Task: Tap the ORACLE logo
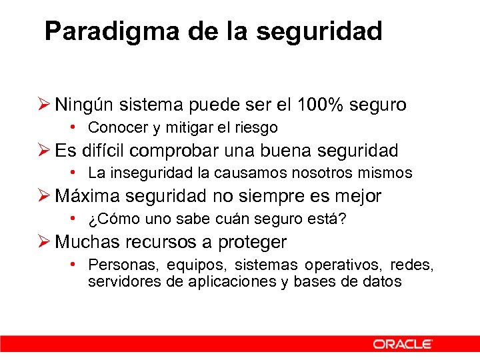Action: click(x=403, y=344)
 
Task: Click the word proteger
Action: click(x=252, y=242)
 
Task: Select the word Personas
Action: click(x=122, y=265)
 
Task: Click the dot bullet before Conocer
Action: click(x=77, y=127)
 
